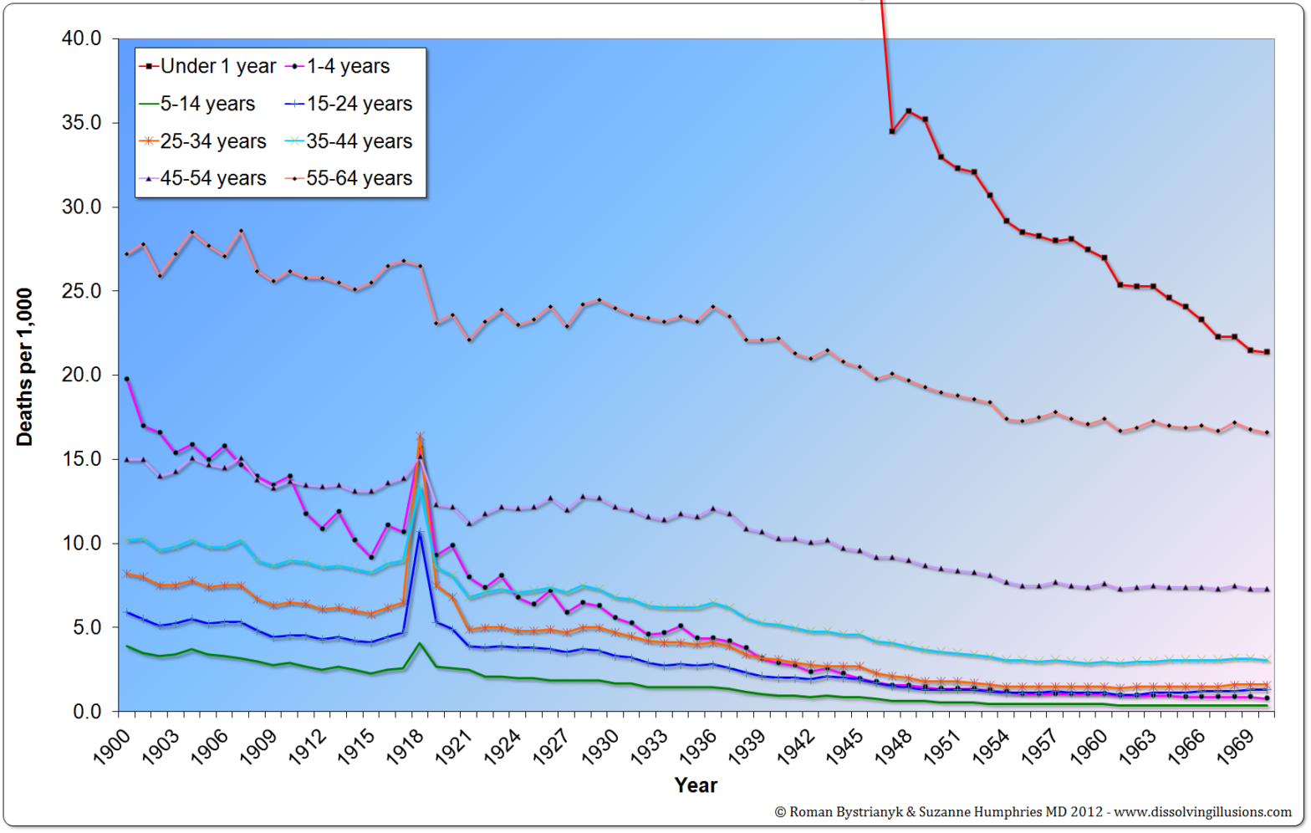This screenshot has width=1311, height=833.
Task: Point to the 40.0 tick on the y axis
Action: click(81, 38)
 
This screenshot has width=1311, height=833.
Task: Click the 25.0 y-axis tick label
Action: click(81, 291)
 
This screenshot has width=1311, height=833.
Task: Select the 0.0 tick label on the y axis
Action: click(86, 712)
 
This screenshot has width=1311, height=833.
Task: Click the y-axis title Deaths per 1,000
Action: click(24, 367)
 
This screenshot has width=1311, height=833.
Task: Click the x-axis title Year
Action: click(696, 785)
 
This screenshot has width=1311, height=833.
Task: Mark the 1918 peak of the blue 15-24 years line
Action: click(420, 532)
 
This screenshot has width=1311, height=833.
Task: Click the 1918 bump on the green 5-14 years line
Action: click(420, 643)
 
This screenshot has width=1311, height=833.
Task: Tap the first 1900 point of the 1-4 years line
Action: click(127, 379)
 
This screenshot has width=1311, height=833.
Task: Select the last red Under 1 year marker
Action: click(1267, 352)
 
